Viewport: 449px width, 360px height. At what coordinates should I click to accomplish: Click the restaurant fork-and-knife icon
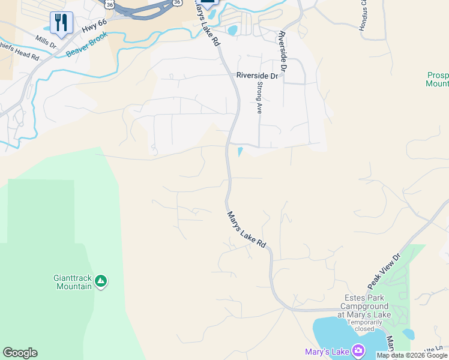pyautogui.click(x=61, y=23)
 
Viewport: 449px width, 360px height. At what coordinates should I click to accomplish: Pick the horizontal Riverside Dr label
pyautogui.click(x=258, y=76)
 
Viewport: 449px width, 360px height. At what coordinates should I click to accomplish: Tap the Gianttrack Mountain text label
pyautogui.click(x=73, y=282)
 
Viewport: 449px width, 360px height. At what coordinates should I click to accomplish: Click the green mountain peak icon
pyautogui.click(x=101, y=281)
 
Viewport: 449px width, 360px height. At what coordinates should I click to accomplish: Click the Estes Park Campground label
pyautogui.click(x=367, y=305)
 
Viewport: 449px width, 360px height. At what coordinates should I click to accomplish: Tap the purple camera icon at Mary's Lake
pyautogui.click(x=359, y=350)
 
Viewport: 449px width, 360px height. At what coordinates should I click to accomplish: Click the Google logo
pyautogui.click(x=20, y=353)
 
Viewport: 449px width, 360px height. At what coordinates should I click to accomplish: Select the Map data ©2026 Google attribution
pyautogui.click(x=412, y=355)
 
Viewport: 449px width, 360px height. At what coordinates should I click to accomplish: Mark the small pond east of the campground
pyautogui.click(x=408, y=334)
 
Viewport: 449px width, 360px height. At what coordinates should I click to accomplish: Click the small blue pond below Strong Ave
pyautogui.click(x=240, y=151)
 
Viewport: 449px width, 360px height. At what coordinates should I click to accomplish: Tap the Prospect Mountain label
pyautogui.click(x=437, y=79)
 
